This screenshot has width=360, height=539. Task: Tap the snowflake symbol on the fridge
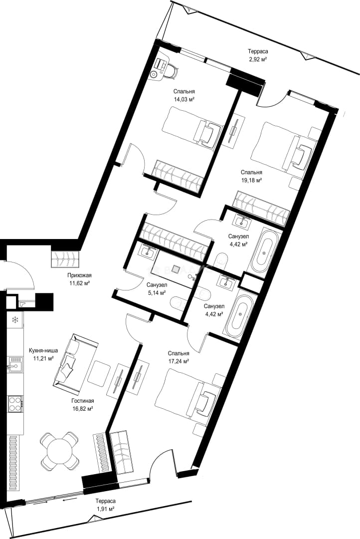15,320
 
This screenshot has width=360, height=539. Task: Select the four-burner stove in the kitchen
15,404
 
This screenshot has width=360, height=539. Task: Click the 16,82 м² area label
82,409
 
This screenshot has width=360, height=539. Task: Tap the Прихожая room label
79,275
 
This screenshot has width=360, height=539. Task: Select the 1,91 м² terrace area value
105,509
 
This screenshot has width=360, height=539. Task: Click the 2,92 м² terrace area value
258,59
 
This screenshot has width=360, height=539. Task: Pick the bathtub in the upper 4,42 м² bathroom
264,251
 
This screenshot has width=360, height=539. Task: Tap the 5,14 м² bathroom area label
156,293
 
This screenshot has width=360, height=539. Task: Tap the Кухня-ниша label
43,351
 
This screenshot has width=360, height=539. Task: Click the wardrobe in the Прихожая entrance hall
65,259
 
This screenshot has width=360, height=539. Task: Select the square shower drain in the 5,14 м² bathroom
176,269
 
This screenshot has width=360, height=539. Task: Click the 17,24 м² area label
179,361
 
